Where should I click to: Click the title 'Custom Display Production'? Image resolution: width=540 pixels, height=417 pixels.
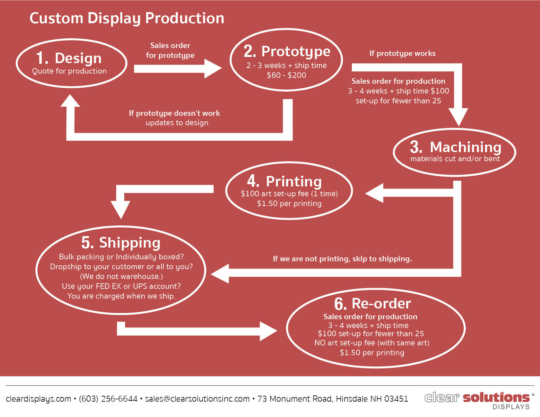(x=127, y=18)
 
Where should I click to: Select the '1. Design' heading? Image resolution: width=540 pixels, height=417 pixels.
(x=69, y=58)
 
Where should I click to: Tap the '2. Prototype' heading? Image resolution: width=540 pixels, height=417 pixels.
(x=287, y=51)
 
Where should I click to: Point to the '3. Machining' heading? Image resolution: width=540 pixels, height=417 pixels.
(x=456, y=147)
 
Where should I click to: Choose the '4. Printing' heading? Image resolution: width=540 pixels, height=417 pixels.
(x=284, y=181)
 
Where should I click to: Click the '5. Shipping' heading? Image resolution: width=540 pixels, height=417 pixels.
(x=121, y=243)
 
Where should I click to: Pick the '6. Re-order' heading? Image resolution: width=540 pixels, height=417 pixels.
(x=372, y=304)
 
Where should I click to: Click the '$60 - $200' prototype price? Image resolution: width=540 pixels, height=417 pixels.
(x=286, y=75)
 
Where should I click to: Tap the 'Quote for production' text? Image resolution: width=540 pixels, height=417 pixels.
(x=69, y=71)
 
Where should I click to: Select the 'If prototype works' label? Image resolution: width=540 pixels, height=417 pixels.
(x=402, y=53)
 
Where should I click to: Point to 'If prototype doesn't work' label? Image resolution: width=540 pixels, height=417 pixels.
(x=174, y=113)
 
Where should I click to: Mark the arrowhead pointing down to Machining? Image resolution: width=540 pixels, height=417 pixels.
(x=458, y=116)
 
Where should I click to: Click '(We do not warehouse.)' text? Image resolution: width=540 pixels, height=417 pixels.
(x=121, y=276)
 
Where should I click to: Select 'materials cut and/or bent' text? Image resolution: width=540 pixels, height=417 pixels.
(x=455, y=159)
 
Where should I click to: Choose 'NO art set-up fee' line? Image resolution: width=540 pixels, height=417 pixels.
(x=372, y=343)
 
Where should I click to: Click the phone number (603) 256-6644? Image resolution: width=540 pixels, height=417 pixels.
(x=108, y=399)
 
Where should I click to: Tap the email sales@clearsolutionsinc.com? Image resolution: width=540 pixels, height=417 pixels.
(x=197, y=399)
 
